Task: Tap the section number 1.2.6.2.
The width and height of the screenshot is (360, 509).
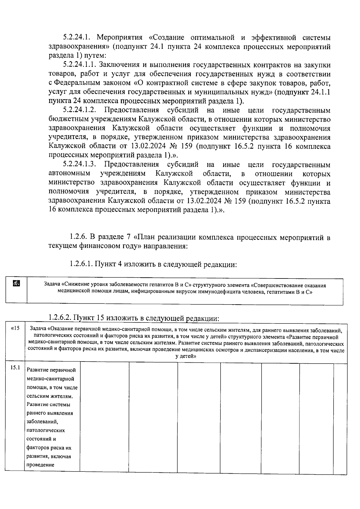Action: click(60, 317)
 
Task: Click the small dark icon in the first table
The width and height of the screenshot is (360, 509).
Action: click(16, 283)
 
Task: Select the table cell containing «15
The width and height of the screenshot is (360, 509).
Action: click(15, 328)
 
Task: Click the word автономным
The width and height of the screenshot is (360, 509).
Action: click(69, 174)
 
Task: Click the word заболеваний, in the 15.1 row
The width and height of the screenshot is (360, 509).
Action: click(42, 422)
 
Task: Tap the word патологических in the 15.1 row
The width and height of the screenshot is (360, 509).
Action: click(46, 430)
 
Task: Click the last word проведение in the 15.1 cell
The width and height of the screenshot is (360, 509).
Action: click(40, 465)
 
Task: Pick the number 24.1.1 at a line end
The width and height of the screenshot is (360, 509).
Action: click(320, 92)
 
